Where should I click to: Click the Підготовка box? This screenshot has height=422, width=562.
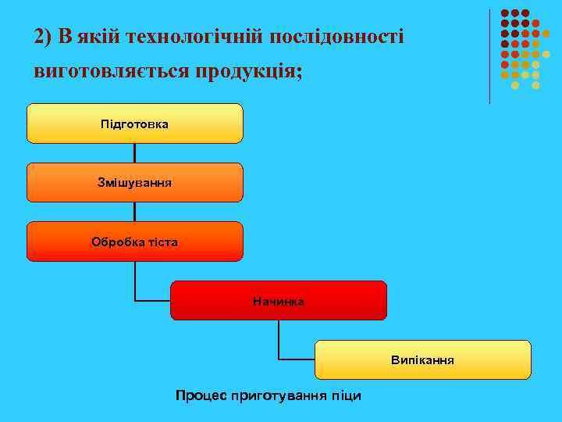[134, 123]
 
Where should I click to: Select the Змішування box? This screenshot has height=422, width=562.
[134, 182]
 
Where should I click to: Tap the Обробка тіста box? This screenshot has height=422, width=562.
[134, 241]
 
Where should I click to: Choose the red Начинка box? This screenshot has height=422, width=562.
[279, 301]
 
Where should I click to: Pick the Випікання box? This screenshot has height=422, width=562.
[423, 360]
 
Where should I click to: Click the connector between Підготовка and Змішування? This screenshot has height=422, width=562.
[135, 153]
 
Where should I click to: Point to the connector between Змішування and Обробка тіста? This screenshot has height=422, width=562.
[135, 212]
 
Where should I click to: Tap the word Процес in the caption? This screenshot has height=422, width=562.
[201, 395]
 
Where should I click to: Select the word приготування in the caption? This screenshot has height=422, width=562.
[276, 395]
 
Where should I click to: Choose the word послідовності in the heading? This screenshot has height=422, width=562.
[337, 37]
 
